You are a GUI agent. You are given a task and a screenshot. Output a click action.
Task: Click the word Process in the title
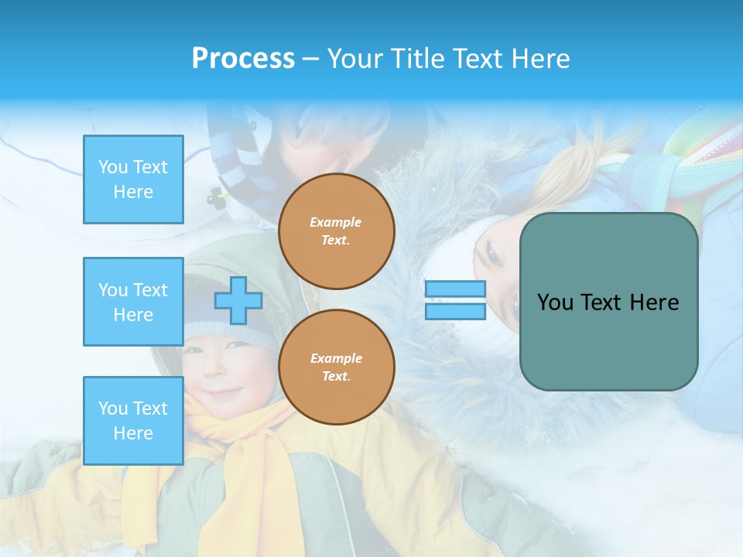pos(243,59)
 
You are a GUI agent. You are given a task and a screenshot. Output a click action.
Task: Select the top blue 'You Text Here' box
pos(133,179)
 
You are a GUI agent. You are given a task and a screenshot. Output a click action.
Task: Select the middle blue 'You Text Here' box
pos(133,302)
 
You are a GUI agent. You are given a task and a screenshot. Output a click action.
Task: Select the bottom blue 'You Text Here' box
pos(133,421)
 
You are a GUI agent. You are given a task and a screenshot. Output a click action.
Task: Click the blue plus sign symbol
pos(238,301)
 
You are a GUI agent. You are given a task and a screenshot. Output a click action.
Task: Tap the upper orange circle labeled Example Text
pos(337,231)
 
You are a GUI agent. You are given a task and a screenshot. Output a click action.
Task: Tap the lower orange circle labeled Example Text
pos(337,367)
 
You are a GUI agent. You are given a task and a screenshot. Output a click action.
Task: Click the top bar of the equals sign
pos(455,289)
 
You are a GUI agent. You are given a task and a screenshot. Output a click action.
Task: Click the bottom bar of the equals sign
pos(455,312)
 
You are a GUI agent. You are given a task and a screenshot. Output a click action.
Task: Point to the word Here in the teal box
pos(654,302)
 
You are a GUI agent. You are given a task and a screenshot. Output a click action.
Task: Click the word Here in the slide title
pos(541,59)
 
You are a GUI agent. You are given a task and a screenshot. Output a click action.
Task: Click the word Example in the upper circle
pos(336,222)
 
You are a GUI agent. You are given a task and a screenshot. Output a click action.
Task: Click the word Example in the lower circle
pos(336,358)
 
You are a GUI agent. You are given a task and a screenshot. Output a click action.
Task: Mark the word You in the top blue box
pos(113,167)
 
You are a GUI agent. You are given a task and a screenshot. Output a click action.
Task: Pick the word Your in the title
pos(355,59)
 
